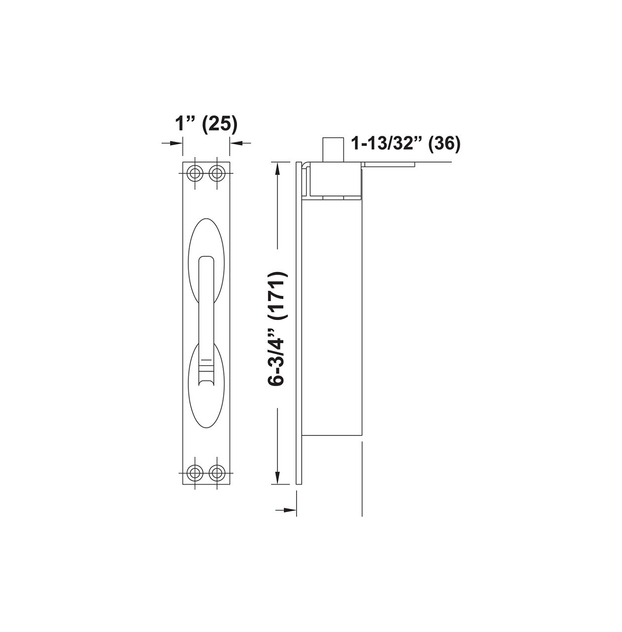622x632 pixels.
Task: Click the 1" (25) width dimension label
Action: tap(206, 123)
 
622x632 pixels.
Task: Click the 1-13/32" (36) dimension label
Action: tap(405, 143)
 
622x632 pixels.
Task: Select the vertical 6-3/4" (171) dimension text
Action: tap(278, 328)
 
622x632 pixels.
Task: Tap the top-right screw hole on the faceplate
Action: tap(216, 173)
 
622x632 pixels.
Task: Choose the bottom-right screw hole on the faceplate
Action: tap(216, 473)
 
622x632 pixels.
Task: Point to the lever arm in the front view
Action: tap(206, 306)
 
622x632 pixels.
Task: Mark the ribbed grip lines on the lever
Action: tap(206, 368)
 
